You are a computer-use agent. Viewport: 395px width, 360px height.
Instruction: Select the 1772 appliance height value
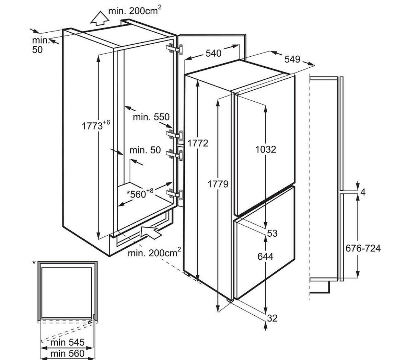(198, 143)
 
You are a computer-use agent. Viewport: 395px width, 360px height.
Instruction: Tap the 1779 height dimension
(218, 184)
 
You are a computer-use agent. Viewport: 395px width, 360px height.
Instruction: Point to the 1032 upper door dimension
(266, 149)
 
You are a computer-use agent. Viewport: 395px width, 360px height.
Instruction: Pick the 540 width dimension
(213, 53)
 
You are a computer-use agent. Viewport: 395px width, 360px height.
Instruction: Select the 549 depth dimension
(292, 59)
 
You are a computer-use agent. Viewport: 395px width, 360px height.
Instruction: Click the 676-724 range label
(363, 248)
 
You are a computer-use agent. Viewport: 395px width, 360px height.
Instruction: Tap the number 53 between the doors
(272, 233)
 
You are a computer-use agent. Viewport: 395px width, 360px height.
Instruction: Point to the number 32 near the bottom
(272, 318)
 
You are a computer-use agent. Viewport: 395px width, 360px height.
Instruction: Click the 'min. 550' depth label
(151, 117)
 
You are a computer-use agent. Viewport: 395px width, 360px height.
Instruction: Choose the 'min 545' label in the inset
(67, 342)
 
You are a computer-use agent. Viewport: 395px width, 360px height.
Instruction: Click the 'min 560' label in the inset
(67, 353)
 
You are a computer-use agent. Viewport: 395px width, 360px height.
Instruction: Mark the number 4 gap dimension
(363, 192)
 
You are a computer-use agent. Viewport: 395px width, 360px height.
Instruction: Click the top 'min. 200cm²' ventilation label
(135, 11)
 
